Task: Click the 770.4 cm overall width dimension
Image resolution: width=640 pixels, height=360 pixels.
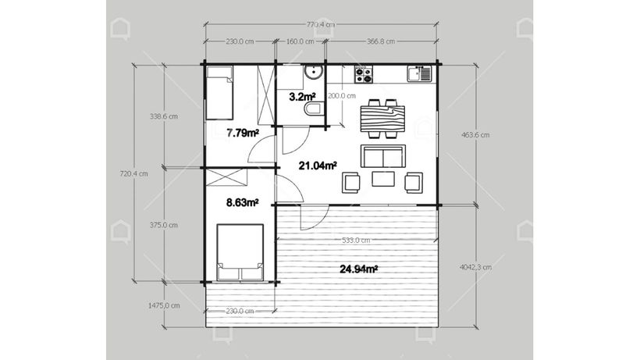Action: click(321, 24)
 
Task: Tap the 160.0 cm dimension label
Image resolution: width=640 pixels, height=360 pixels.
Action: click(300, 41)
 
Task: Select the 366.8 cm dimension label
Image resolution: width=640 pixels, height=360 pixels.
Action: click(381, 41)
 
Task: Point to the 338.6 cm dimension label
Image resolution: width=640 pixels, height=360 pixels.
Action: click(164, 116)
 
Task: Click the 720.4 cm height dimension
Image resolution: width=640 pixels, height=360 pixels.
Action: click(134, 173)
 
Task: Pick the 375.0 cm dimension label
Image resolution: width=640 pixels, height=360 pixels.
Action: click(164, 225)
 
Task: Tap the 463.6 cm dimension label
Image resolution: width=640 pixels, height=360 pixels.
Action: click(475, 134)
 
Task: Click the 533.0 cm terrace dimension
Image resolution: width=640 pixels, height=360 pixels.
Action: click(356, 241)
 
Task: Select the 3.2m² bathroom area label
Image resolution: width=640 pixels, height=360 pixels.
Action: click(302, 97)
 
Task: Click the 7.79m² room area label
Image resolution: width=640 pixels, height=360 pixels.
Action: click(244, 133)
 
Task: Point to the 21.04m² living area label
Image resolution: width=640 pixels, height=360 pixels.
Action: click(318, 166)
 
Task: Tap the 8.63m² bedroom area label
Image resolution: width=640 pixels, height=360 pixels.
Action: click(243, 202)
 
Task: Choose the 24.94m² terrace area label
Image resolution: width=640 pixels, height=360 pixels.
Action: click(358, 269)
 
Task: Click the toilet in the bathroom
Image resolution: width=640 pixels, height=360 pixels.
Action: click(314, 109)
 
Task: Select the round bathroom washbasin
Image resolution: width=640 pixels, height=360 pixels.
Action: click(314, 73)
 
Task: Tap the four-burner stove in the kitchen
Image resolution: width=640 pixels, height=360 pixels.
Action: click(364, 75)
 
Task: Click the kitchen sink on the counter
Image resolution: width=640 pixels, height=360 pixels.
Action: click(419, 74)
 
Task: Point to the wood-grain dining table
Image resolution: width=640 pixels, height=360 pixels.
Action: click(382, 119)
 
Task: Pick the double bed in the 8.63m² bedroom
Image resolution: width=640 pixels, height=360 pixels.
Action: click(240, 252)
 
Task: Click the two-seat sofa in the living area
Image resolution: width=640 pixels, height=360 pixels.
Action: click(383, 156)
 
